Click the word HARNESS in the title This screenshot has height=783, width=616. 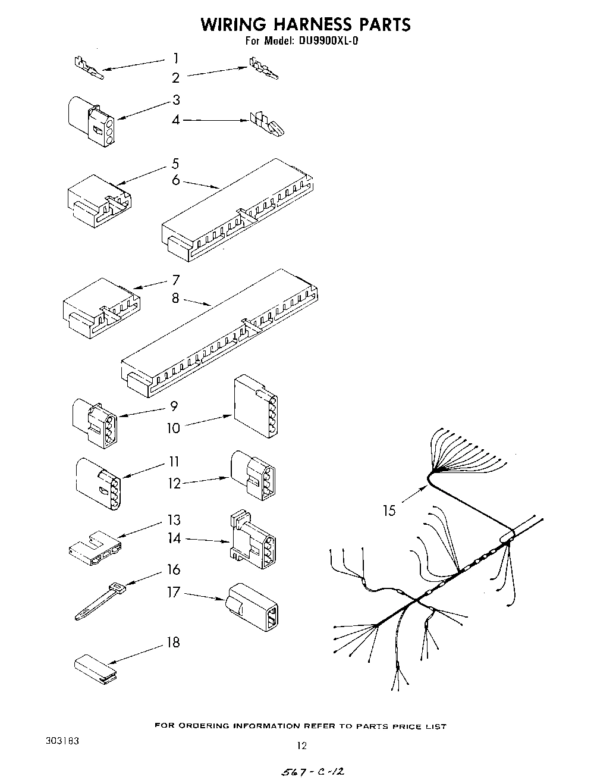[x=305, y=24]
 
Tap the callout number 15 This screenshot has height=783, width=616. [x=389, y=510]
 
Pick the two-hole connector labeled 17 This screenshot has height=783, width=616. [x=253, y=606]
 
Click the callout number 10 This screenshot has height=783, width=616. [x=173, y=428]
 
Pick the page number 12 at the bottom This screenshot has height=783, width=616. [x=301, y=746]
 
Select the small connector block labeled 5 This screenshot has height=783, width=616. [x=99, y=200]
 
